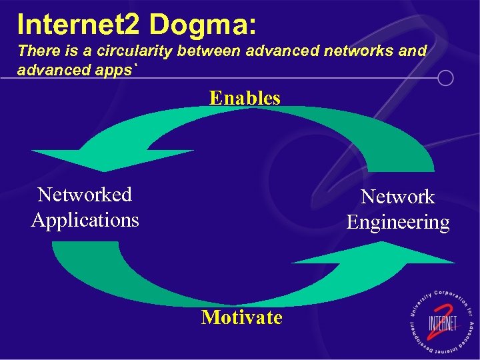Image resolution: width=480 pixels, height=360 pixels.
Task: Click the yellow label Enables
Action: click(245, 98)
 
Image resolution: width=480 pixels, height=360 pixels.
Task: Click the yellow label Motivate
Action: click(241, 317)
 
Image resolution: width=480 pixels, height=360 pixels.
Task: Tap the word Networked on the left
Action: click(85, 195)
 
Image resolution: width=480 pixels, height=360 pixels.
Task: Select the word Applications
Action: click(85, 219)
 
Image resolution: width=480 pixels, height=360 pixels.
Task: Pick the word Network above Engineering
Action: click(397, 197)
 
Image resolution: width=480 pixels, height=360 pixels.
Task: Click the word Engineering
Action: click(397, 222)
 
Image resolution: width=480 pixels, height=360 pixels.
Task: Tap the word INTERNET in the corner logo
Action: click(442, 325)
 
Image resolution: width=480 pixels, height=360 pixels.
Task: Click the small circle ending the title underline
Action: click(445, 79)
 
